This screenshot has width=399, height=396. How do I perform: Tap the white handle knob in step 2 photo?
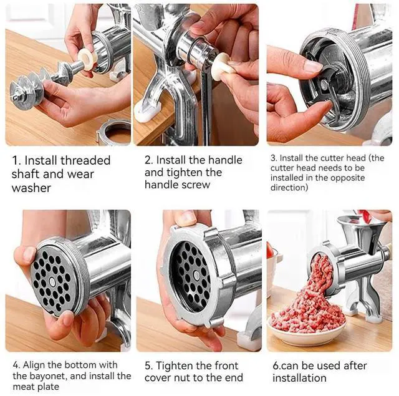(221, 66)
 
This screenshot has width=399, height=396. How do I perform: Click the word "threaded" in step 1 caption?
(85, 160)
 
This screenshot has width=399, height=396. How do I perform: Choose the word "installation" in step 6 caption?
(299, 378)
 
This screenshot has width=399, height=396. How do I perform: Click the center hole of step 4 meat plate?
(52, 281)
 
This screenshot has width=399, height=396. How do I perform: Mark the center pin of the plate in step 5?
(196, 275)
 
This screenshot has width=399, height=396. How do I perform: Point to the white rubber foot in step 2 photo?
(146, 113)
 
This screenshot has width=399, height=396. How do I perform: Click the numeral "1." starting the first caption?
(17, 161)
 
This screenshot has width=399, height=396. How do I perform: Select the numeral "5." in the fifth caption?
(149, 366)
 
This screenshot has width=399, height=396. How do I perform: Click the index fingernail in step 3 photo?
(313, 67)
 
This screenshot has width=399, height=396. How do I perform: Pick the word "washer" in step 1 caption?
(31, 188)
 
